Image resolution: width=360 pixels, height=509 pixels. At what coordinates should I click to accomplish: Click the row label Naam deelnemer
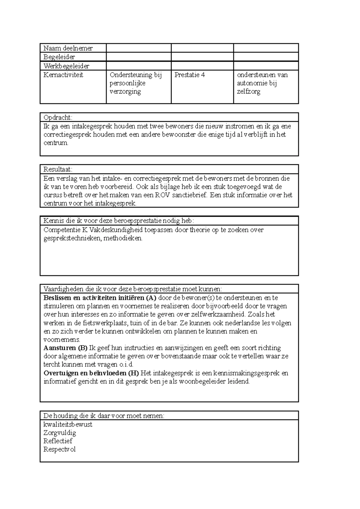(x=68, y=48)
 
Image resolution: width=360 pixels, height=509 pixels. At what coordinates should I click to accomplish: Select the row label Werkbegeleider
(x=66, y=66)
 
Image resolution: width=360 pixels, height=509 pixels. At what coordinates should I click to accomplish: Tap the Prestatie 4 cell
(x=190, y=75)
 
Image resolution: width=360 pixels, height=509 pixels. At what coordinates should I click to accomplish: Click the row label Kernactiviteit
(x=63, y=75)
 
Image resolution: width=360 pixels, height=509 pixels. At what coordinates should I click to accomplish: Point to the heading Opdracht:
(x=58, y=118)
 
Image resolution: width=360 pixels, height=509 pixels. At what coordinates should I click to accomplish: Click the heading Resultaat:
(x=58, y=169)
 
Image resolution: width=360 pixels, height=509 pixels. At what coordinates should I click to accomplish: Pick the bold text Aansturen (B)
(x=65, y=348)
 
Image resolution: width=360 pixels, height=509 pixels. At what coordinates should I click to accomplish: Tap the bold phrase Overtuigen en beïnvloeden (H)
(x=91, y=373)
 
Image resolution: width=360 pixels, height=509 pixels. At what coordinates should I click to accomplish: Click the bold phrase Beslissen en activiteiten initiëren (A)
(x=100, y=298)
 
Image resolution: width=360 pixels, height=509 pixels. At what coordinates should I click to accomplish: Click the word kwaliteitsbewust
(x=68, y=424)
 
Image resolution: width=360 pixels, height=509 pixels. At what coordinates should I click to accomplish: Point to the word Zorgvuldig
(x=60, y=433)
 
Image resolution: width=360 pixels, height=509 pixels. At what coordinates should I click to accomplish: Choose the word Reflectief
(x=58, y=441)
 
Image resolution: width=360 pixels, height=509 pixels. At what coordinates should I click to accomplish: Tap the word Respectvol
(x=59, y=449)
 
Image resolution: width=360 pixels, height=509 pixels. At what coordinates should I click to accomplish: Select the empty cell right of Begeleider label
(x=139, y=57)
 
